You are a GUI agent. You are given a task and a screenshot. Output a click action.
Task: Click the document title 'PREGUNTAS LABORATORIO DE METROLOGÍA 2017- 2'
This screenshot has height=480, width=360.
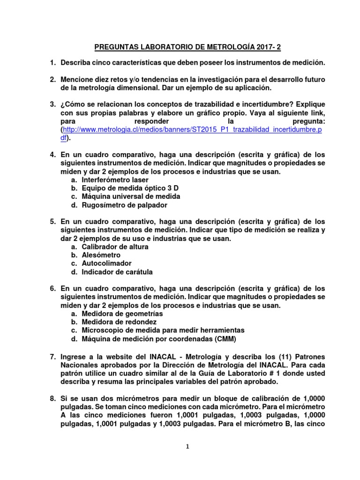(x=188, y=47)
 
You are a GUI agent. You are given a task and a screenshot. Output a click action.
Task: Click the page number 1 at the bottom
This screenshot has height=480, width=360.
(x=187, y=447)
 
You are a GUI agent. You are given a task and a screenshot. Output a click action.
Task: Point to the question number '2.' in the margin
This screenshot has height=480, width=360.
(x=53, y=79)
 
